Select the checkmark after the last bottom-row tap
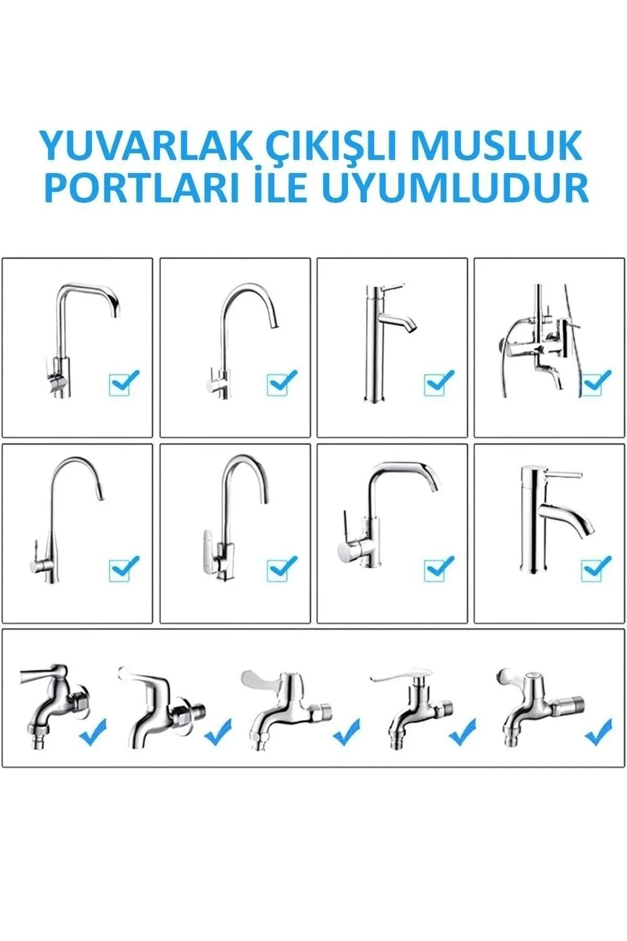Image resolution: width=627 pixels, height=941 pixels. coord(598,732)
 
